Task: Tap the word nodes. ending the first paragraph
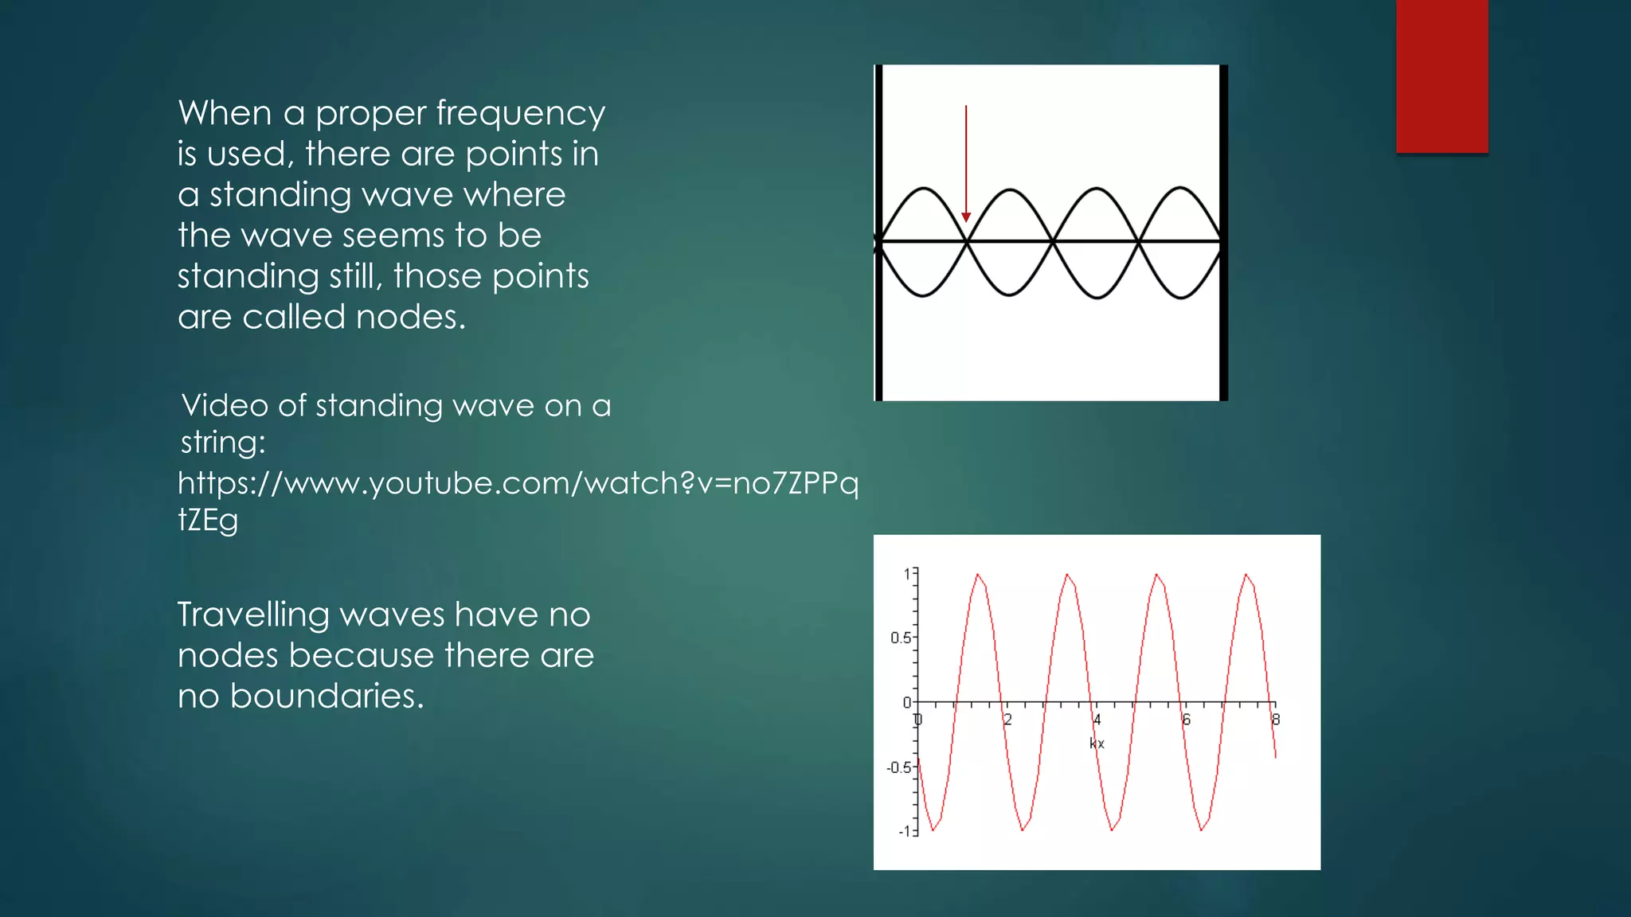click(x=411, y=317)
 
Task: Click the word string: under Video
click(x=223, y=443)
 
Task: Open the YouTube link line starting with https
click(x=518, y=483)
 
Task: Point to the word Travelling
click(x=253, y=615)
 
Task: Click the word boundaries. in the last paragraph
click(x=327, y=697)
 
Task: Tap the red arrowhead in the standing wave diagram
click(x=966, y=217)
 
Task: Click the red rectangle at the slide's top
click(x=1441, y=76)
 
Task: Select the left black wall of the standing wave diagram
click(x=878, y=232)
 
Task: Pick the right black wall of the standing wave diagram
click(x=1223, y=232)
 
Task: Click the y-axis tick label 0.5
click(x=900, y=638)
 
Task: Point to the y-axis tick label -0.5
click(x=898, y=767)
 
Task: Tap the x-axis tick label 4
click(x=1097, y=720)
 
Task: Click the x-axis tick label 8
click(x=1275, y=720)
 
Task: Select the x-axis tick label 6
click(x=1186, y=720)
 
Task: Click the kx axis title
click(x=1097, y=743)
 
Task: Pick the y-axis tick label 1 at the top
click(x=907, y=573)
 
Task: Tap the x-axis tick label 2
click(x=1007, y=720)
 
